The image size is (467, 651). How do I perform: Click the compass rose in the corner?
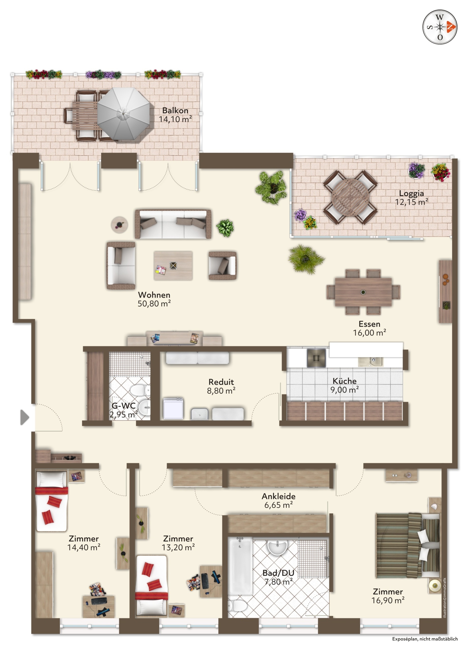click(x=440, y=27)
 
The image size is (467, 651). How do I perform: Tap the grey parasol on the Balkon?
click(x=124, y=114)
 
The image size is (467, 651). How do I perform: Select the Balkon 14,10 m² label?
click(x=175, y=115)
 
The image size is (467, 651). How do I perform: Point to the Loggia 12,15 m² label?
click(x=411, y=198)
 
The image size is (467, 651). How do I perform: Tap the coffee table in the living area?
click(x=173, y=265)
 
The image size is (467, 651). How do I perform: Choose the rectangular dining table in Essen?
click(x=363, y=292)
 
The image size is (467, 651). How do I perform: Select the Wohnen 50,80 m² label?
click(x=154, y=299)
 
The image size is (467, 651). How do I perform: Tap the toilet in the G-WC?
click(x=140, y=390)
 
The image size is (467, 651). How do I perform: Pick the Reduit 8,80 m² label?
click(x=221, y=386)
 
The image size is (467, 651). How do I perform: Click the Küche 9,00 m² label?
click(x=344, y=385)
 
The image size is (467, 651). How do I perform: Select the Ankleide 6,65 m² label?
click(x=278, y=500)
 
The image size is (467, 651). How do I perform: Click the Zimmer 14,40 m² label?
click(x=84, y=543)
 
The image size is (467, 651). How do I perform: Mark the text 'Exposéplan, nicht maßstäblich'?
click(x=425, y=639)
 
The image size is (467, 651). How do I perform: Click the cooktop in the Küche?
click(x=316, y=358)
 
